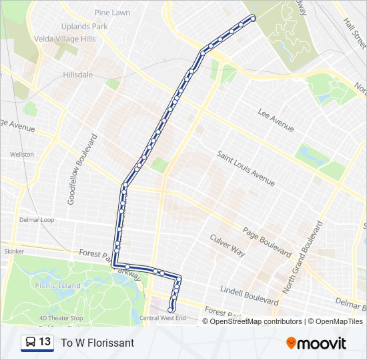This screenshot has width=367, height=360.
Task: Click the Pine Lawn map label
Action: [x=112, y=12]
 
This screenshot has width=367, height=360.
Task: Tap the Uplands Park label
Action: [x=84, y=27]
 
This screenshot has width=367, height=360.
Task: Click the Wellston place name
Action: [x=21, y=154]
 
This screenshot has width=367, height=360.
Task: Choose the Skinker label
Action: [x=13, y=251]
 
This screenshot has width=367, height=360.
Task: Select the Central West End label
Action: [x=163, y=318]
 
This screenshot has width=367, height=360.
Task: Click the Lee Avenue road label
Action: [x=276, y=119]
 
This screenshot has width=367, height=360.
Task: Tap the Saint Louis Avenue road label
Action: [x=246, y=168]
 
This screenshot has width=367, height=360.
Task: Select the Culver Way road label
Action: [x=228, y=245]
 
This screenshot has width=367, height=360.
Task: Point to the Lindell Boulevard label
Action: [x=250, y=294]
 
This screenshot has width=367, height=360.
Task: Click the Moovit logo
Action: [x=316, y=343]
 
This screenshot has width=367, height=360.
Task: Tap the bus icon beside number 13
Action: [x=31, y=343]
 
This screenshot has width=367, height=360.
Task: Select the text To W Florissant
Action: [x=97, y=343]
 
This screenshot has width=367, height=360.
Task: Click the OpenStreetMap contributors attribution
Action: [x=256, y=321]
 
